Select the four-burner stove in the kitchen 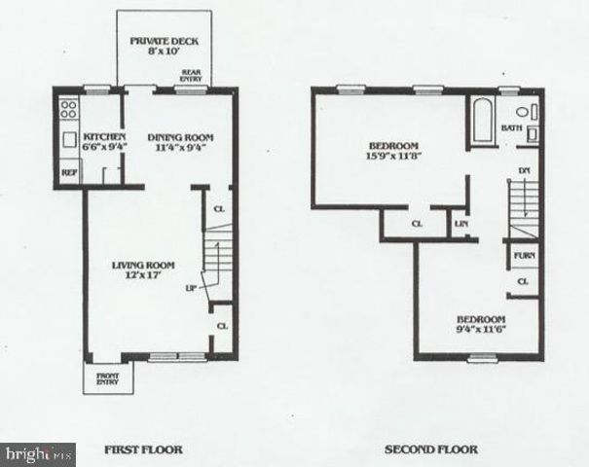(x=69, y=109)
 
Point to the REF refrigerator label (x=70, y=172)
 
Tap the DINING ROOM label (x=180, y=137)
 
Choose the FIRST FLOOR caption (x=143, y=449)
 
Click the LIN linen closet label (x=460, y=225)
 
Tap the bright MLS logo (x=39, y=454)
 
